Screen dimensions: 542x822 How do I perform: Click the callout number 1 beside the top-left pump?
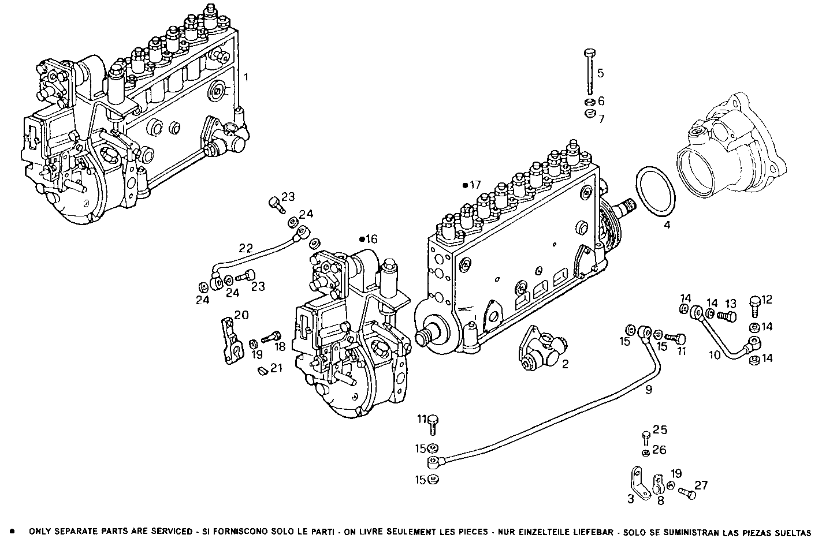point(246,76)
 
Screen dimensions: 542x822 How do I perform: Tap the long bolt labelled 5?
point(589,72)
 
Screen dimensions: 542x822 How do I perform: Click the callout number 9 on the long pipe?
point(649,390)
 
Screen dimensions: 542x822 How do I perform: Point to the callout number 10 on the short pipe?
point(715,354)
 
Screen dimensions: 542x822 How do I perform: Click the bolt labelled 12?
point(754,304)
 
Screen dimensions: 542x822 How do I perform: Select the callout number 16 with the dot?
point(370,239)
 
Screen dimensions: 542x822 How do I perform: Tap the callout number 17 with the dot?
point(474,185)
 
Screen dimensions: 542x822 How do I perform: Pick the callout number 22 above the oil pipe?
point(246,248)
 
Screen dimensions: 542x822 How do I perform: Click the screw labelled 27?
point(686,494)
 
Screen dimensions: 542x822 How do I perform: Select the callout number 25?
point(660,430)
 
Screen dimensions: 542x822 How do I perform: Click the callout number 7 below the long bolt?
point(601,119)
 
